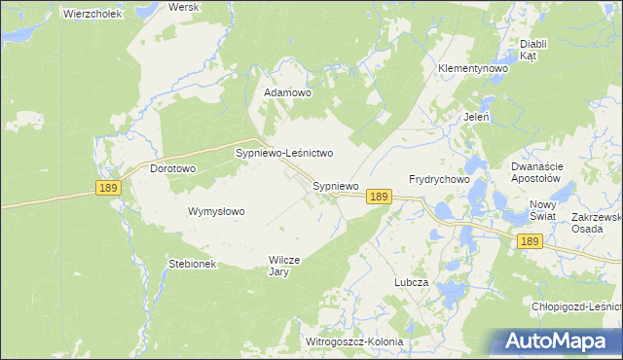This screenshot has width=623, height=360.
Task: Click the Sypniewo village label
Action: (x=336, y=185)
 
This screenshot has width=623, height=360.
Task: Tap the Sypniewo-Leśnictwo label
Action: (x=285, y=154)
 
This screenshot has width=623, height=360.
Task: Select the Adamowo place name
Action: (x=288, y=93)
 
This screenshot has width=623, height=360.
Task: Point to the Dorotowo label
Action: (x=173, y=168)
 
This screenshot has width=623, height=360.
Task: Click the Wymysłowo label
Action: (x=216, y=211)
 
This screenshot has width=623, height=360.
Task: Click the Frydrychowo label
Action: (x=439, y=180)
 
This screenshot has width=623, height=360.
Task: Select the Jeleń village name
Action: (x=476, y=117)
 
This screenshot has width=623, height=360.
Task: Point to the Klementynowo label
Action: (x=474, y=69)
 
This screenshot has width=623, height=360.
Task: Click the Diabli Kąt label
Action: (x=533, y=50)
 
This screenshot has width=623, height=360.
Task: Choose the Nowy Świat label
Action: (x=542, y=210)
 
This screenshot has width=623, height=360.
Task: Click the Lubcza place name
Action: (x=412, y=281)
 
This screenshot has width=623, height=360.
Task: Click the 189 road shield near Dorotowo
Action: (x=108, y=188)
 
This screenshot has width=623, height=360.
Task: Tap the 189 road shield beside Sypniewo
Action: (x=380, y=197)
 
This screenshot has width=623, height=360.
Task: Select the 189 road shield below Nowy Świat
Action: (x=530, y=241)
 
